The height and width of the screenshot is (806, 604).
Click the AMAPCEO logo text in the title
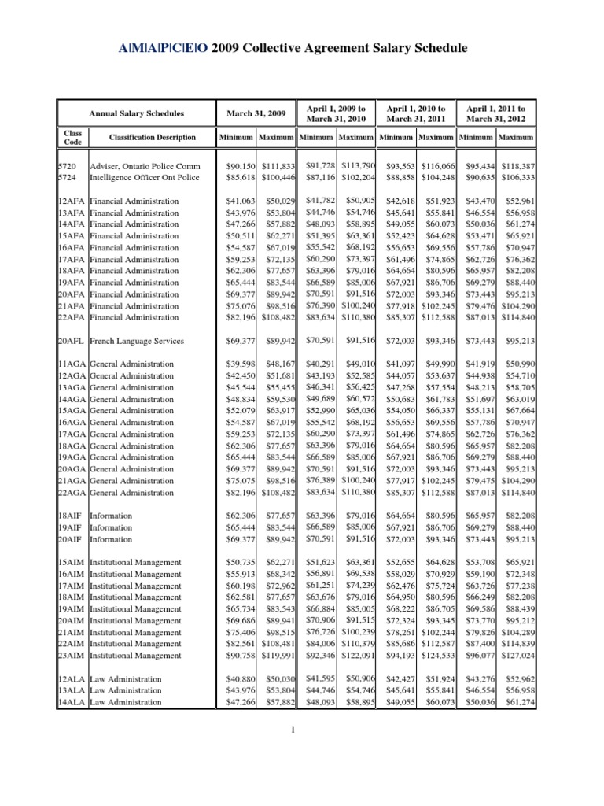pos(164,49)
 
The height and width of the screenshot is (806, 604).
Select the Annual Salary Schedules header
pos(136,113)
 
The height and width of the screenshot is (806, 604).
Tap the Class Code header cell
pos(72,138)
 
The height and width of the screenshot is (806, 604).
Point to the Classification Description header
pos(153,138)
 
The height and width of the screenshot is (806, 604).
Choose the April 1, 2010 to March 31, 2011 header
pos(416,113)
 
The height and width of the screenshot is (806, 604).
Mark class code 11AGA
pos(73,364)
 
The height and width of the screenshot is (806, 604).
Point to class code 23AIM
pos(73,655)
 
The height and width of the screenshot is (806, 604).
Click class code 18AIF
pos(72,516)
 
